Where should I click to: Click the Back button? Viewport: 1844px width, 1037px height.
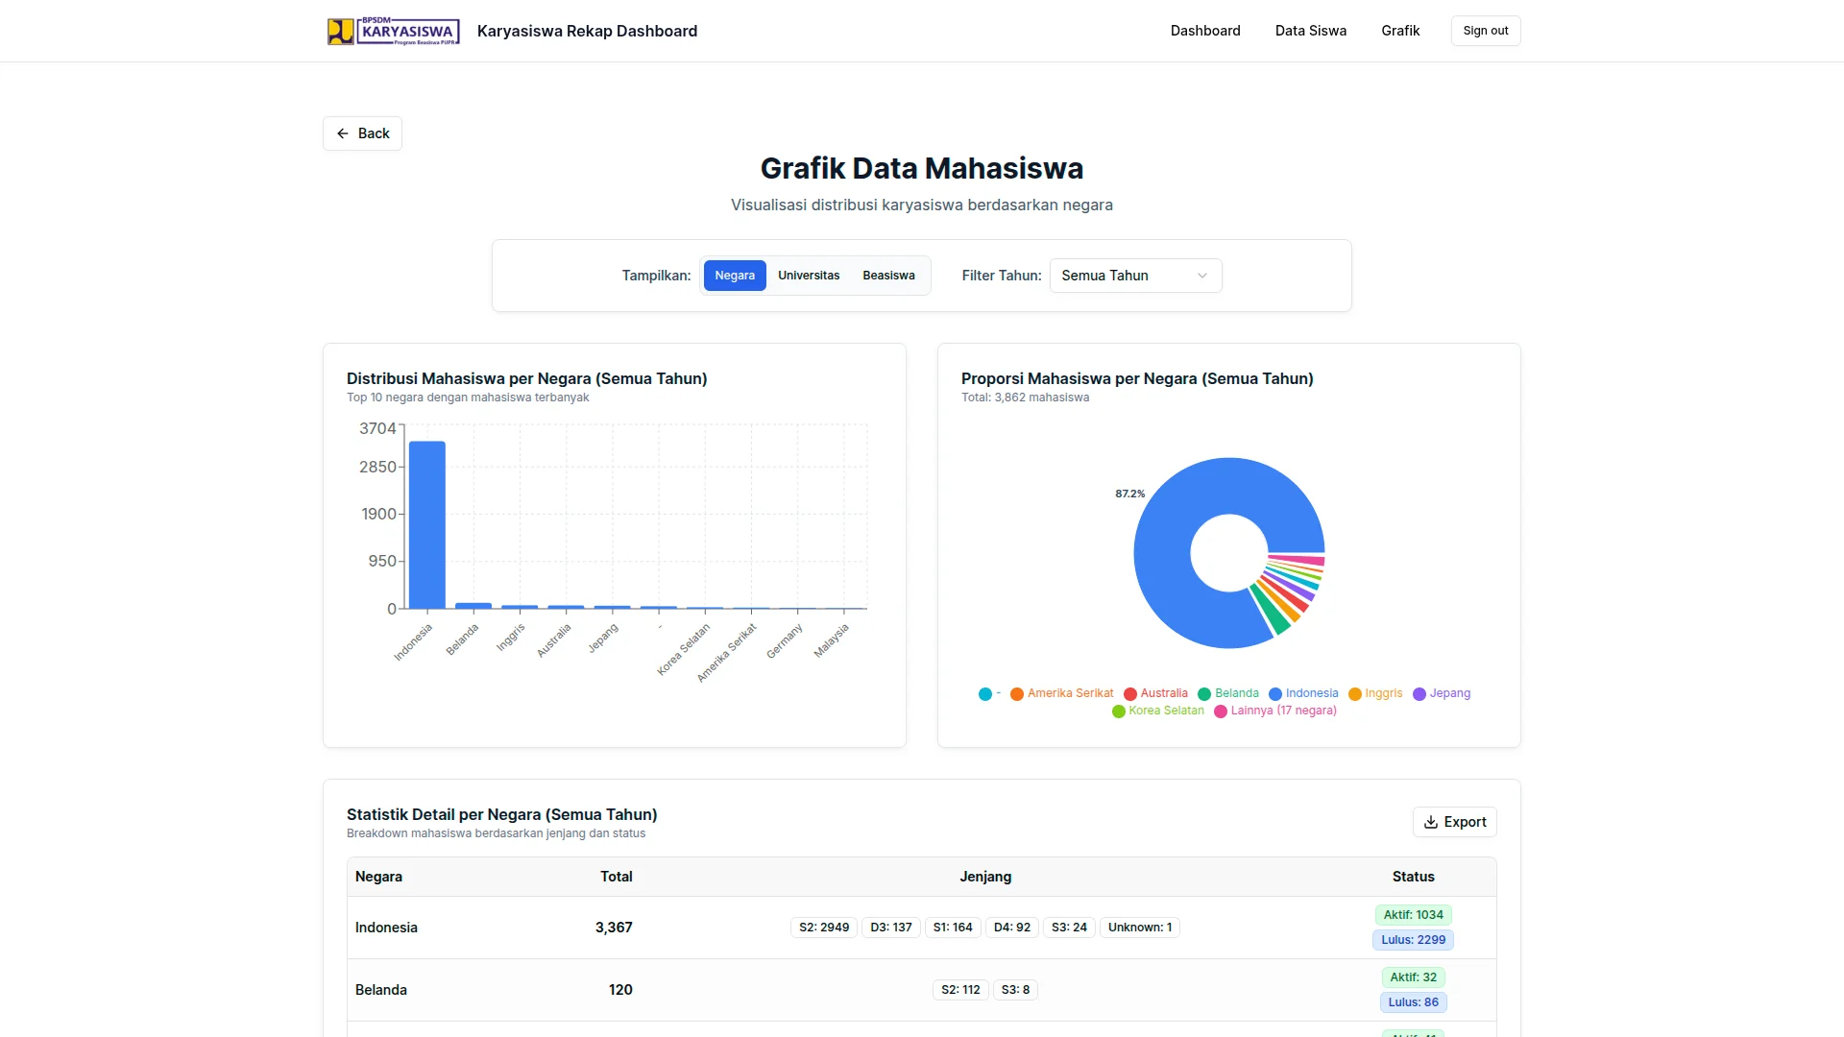click(x=362, y=133)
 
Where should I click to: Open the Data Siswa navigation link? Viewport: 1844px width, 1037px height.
click(x=1310, y=31)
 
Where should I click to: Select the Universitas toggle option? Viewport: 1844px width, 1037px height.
click(x=808, y=276)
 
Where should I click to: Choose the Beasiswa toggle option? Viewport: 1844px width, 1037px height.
click(x=887, y=276)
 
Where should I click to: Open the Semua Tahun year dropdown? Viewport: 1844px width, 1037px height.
click(x=1134, y=276)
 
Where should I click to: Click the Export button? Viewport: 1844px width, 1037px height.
click(x=1454, y=822)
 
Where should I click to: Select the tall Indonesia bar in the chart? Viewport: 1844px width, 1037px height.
click(x=426, y=525)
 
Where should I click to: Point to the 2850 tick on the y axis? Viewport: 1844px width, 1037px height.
click(x=377, y=467)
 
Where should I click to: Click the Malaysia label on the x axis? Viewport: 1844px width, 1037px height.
click(x=832, y=640)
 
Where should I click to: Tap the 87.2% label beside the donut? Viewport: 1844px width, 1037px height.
click(x=1129, y=494)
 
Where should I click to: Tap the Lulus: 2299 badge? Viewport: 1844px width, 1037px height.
click(x=1413, y=940)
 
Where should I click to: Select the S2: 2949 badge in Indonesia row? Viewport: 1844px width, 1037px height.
click(x=823, y=928)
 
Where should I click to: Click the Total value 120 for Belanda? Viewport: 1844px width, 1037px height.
click(x=619, y=990)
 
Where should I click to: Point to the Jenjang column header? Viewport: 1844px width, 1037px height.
click(x=984, y=877)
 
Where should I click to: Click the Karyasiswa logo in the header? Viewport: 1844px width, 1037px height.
click(x=393, y=31)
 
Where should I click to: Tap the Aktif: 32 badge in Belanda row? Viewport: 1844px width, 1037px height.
click(x=1413, y=977)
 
